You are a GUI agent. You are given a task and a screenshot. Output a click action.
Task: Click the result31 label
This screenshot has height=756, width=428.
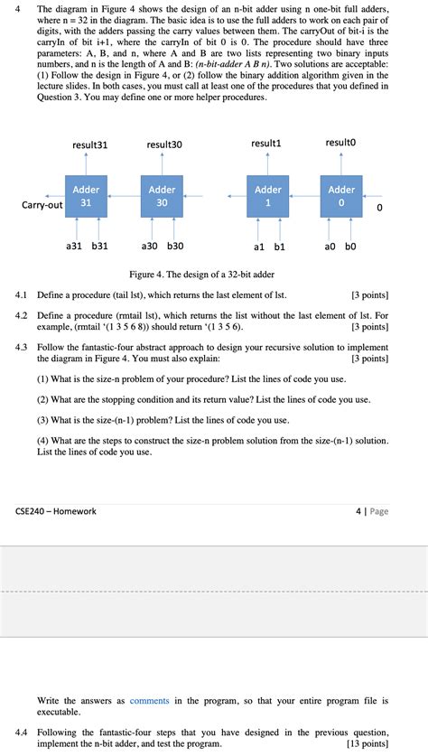(89, 145)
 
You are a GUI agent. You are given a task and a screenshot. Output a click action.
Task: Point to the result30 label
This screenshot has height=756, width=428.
(163, 145)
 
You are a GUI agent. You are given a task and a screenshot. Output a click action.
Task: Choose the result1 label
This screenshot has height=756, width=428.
(266, 144)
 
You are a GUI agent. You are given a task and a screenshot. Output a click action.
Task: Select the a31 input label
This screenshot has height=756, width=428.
(76, 246)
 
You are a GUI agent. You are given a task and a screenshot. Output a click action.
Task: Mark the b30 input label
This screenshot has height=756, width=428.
(175, 246)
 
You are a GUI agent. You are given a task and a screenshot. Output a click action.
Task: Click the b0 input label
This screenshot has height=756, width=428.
(349, 246)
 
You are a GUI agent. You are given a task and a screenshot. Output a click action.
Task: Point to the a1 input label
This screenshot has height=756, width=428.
(258, 246)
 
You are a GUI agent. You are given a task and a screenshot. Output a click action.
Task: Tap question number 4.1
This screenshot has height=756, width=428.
(23, 294)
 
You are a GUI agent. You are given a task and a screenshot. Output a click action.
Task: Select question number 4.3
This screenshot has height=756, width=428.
(23, 347)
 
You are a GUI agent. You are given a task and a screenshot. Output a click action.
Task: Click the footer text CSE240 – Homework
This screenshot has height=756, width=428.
(56, 511)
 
